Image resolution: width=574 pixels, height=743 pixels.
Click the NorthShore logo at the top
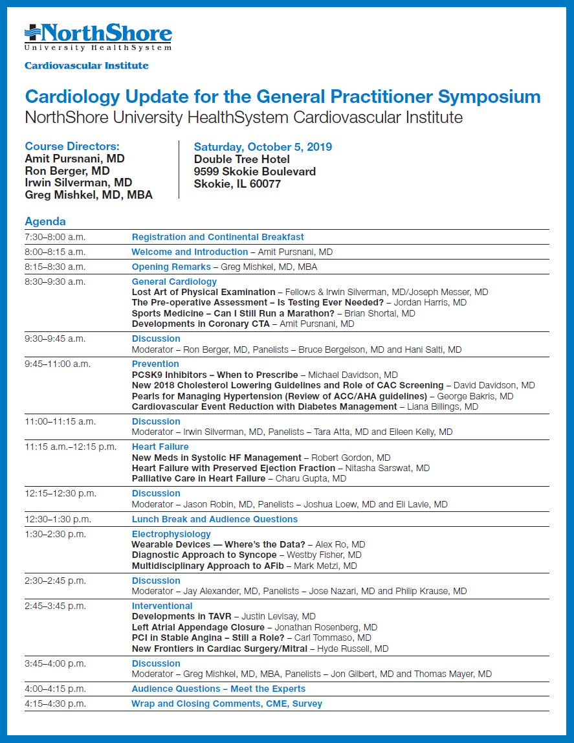tap(98, 37)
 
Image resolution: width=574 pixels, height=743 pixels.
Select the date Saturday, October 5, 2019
tap(263, 147)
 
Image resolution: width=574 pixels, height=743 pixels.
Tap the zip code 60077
tap(265, 184)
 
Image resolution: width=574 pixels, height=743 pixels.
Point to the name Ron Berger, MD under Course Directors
tap(67, 171)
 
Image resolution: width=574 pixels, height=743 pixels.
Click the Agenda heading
tap(45, 221)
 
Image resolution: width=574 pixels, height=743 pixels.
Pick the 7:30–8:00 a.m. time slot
tap(55, 237)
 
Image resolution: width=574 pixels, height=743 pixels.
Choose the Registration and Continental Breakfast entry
tap(218, 237)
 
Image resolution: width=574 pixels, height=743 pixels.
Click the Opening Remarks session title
tap(171, 267)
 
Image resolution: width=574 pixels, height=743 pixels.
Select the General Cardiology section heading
tap(174, 282)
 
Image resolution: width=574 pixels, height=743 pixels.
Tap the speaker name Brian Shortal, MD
tap(380, 313)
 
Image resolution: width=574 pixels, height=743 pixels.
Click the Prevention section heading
tap(155, 364)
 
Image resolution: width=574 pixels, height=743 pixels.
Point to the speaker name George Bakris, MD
tap(476, 396)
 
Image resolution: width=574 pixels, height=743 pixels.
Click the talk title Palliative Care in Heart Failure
tap(198, 478)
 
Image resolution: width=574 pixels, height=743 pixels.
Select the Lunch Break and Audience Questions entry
tap(215, 519)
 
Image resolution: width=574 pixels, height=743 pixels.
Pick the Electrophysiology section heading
tap(171, 534)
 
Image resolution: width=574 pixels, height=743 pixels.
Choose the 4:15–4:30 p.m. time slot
tap(55, 704)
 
